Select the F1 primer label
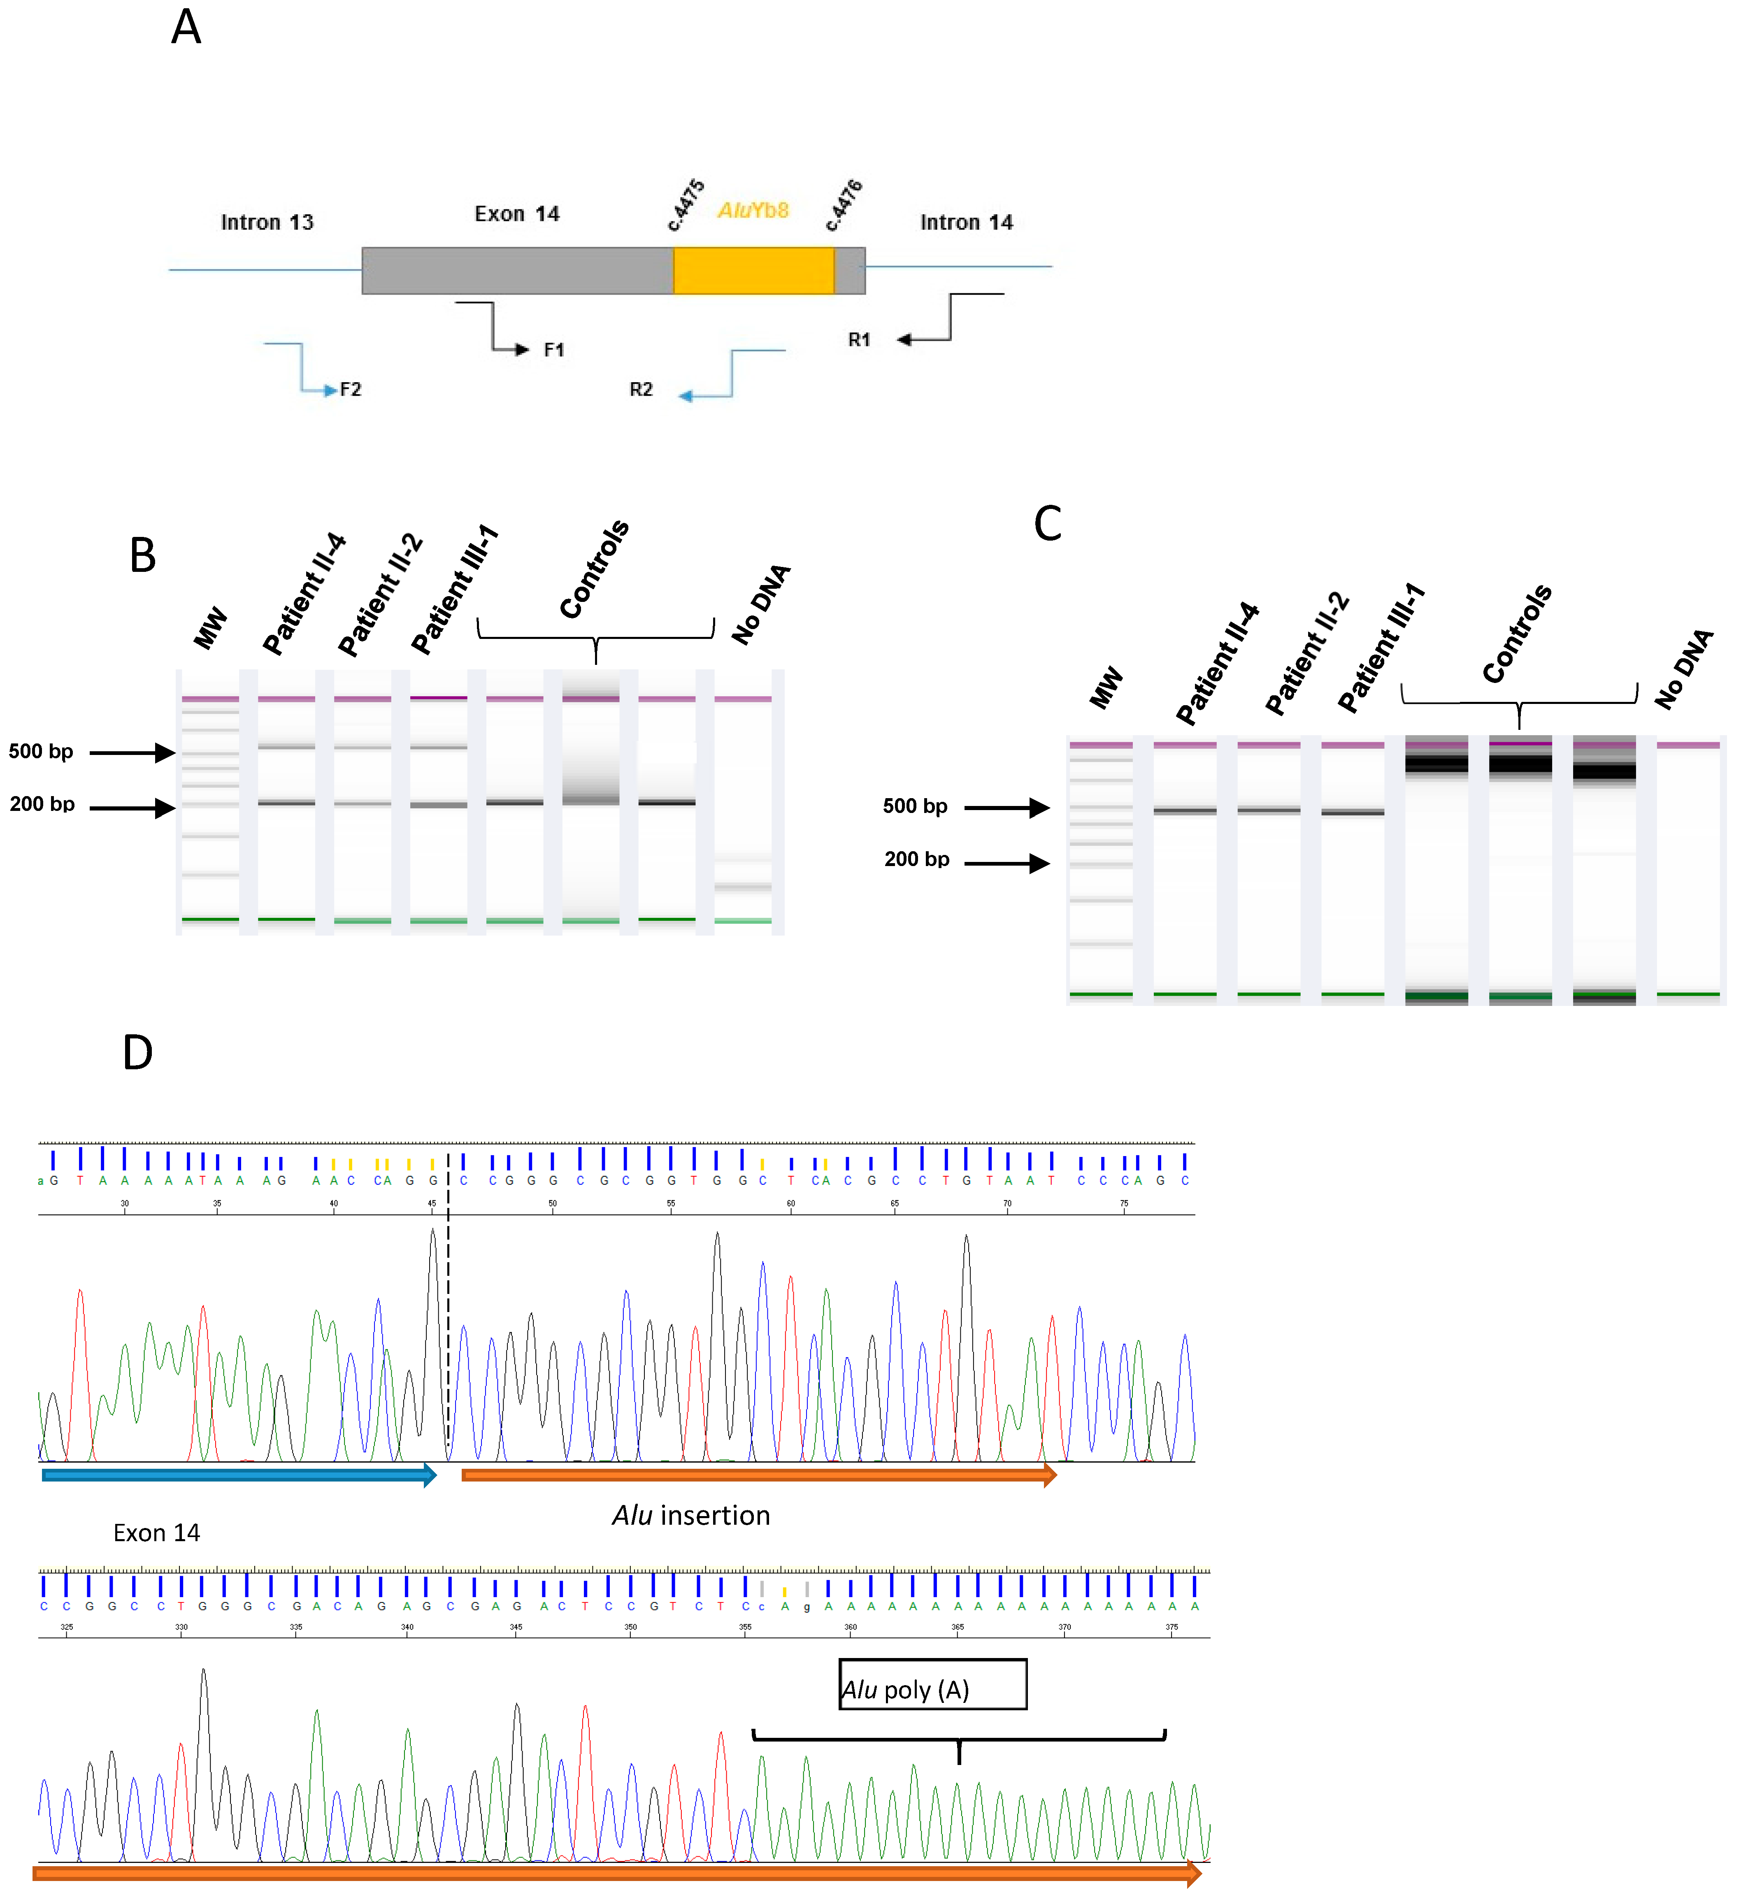[x=554, y=351]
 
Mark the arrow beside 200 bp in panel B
[x=132, y=808]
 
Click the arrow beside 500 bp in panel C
[x=1006, y=807]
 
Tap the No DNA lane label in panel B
[x=761, y=605]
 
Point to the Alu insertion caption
[x=690, y=1515]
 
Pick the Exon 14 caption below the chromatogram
[x=156, y=1533]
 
